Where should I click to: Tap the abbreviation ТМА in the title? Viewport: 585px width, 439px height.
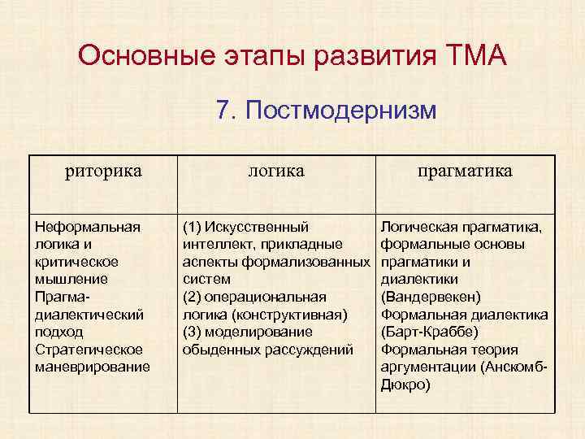[477, 57]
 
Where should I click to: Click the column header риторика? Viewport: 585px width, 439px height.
[103, 171]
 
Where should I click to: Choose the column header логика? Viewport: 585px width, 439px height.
[276, 171]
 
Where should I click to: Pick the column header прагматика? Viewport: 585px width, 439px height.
[465, 171]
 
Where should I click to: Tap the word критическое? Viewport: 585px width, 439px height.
[77, 262]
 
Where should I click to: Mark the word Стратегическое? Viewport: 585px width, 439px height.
[89, 350]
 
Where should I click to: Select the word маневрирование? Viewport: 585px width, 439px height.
[93, 367]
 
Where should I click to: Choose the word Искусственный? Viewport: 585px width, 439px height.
[258, 227]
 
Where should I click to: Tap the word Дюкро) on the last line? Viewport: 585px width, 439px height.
[405, 385]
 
